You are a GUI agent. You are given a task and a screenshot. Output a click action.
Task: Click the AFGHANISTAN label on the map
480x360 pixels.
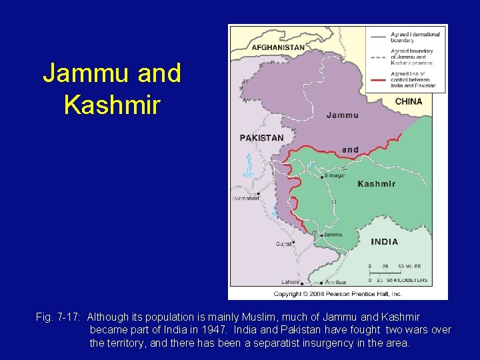[278, 47]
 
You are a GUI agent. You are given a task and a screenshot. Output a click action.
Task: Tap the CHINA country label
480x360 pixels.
[409, 101]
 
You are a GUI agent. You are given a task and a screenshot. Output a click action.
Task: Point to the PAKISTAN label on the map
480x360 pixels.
[261, 138]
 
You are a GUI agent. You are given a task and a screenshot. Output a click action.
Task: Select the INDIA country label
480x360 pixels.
[385, 242]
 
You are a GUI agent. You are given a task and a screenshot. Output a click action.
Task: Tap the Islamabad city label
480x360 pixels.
[245, 198]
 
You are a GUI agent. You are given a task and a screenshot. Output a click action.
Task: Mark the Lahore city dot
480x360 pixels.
[301, 283]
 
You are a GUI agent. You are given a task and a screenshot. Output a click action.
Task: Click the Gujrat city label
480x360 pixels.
[284, 244]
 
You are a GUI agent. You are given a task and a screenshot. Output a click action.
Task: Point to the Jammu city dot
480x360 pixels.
[322, 235]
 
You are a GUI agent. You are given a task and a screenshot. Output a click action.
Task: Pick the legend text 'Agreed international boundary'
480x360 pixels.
[415, 37]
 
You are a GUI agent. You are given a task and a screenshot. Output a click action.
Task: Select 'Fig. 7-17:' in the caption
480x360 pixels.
[58, 317]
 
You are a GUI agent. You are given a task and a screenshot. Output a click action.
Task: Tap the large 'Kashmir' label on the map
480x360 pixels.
[377, 183]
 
